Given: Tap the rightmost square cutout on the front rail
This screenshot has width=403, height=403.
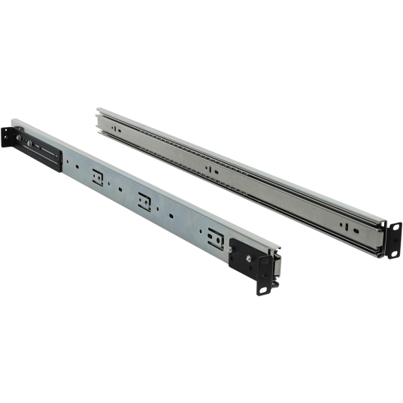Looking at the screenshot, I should pos(215,236).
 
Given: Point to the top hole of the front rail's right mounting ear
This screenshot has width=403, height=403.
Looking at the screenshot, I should pos(264,262).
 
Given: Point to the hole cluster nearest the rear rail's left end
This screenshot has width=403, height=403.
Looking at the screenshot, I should pos(114,129).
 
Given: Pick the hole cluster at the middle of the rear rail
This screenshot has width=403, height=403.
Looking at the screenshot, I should pos(212,171).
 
